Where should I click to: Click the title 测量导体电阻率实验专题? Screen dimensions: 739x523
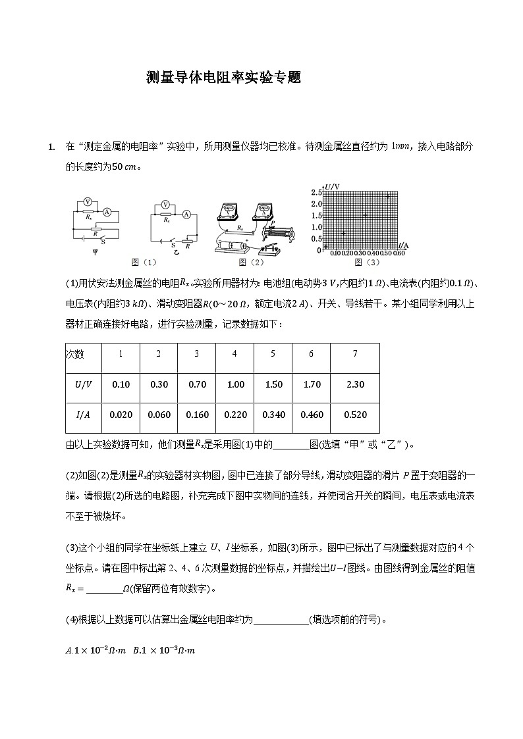223,77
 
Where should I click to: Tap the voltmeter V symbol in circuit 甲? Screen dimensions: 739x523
88,203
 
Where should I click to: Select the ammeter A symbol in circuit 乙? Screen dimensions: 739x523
186,214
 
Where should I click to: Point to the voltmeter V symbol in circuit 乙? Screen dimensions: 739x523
166,205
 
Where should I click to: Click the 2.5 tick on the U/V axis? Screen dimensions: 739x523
316,192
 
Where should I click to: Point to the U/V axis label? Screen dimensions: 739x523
332,187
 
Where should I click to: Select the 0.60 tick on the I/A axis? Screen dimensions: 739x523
399,253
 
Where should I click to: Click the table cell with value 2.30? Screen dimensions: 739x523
354,384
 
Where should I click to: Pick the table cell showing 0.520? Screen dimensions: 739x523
354,415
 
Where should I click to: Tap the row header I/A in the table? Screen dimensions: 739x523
84,415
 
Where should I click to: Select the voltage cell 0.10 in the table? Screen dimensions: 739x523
121,384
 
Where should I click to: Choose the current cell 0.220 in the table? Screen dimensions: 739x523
235,415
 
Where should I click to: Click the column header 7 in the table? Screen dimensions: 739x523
354,354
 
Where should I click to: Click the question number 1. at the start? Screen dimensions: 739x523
51,146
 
